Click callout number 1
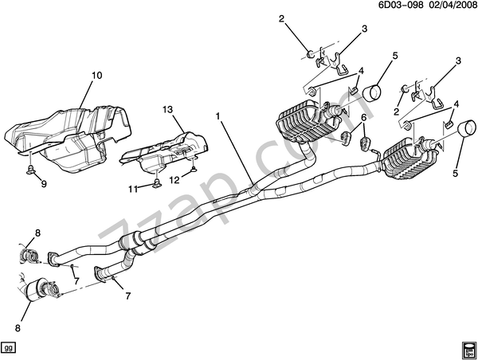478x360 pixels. (x=217, y=115)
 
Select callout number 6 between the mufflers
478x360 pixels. (x=363, y=118)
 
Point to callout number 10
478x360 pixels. (x=97, y=76)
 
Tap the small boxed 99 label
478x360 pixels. (x=9, y=348)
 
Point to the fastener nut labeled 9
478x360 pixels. (x=30, y=170)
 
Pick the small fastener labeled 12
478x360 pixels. (x=193, y=169)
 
